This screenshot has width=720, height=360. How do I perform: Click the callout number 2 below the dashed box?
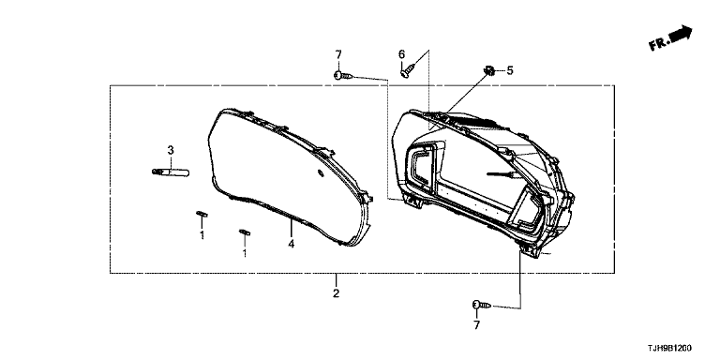[337, 292]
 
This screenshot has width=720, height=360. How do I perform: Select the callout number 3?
[171, 150]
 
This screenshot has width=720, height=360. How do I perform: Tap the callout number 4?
[292, 244]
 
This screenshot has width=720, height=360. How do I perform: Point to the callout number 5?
[510, 70]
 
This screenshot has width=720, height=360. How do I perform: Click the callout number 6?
[402, 54]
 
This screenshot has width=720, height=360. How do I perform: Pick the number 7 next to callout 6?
[338, 54]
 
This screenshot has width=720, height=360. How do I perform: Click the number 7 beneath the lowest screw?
[476, 325]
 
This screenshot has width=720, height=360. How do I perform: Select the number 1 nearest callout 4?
[245, 252]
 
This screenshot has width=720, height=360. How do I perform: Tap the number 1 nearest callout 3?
[202, 235]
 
